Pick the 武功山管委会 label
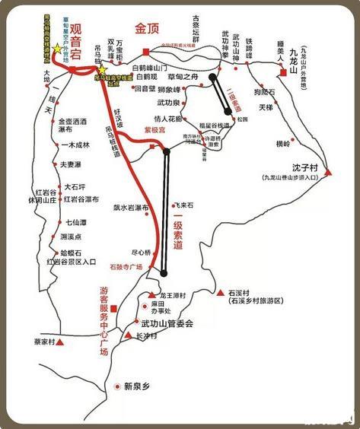coord(168,323)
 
